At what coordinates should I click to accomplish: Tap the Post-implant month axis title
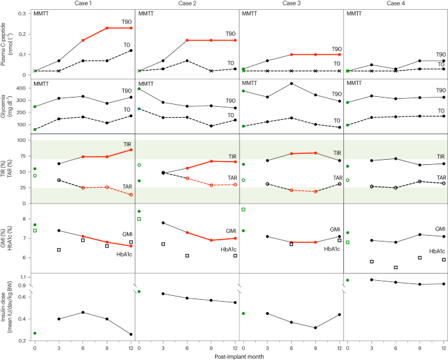(x=239, y=355)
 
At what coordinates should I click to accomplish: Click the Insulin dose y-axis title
(x=9, y=308)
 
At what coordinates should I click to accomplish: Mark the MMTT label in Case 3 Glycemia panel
(x=250, y=84)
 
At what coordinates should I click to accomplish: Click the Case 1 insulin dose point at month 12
(x=131, y=334)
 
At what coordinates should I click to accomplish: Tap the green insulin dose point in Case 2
(x=139, y=291)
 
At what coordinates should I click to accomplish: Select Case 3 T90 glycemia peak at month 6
(x=291, y=83)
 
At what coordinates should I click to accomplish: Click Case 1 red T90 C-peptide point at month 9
(x=107, y=28)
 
